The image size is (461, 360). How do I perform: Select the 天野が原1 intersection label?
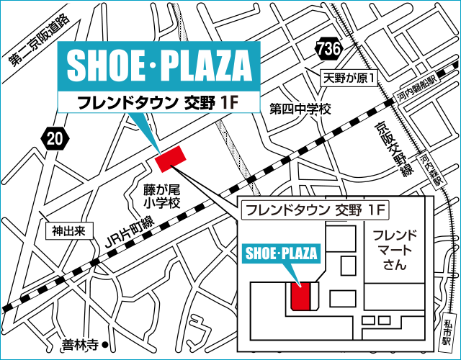(x=349, y=77)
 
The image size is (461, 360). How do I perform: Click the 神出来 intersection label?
(x=68, y=232)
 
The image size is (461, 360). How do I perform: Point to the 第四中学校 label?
(x=300, y=109)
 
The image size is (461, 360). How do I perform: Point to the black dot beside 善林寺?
(x=105, y=343)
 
